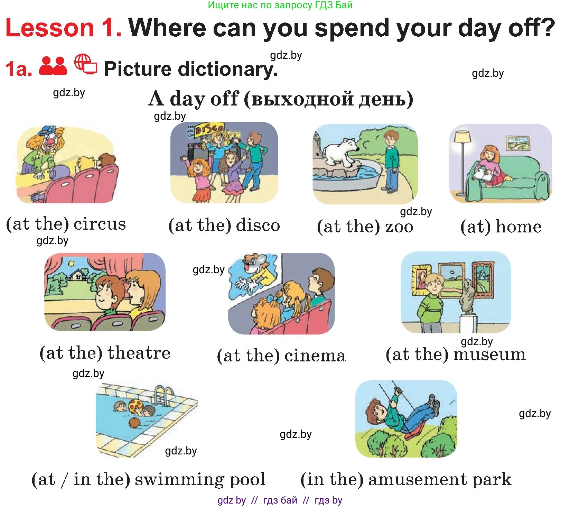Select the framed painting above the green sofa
point(518,142)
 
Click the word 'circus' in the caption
point(100,224)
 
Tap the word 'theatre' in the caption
point(139,353)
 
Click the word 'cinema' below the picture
point(315,356)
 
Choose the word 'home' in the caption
point(518,227)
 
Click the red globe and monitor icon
point(86,64)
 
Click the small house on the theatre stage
point(78,275)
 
